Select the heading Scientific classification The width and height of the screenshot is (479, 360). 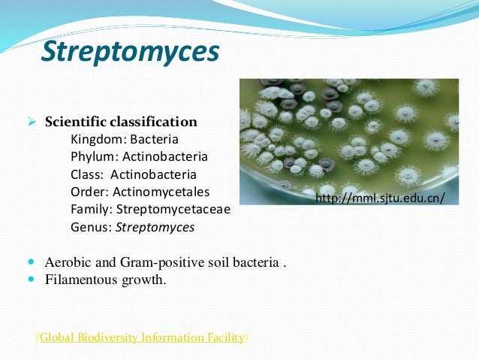click(121, 122)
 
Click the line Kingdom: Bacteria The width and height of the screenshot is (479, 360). click(125, 139)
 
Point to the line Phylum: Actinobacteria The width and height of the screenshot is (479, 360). click(139, 156)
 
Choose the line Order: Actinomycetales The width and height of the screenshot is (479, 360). click(140, 192)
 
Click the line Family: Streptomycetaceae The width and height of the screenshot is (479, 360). click(150, 209)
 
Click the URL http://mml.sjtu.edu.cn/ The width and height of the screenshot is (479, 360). click(381, 198)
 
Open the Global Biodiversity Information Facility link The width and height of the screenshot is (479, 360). click(142, 337)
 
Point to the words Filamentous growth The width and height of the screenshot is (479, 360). click(105, 280)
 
